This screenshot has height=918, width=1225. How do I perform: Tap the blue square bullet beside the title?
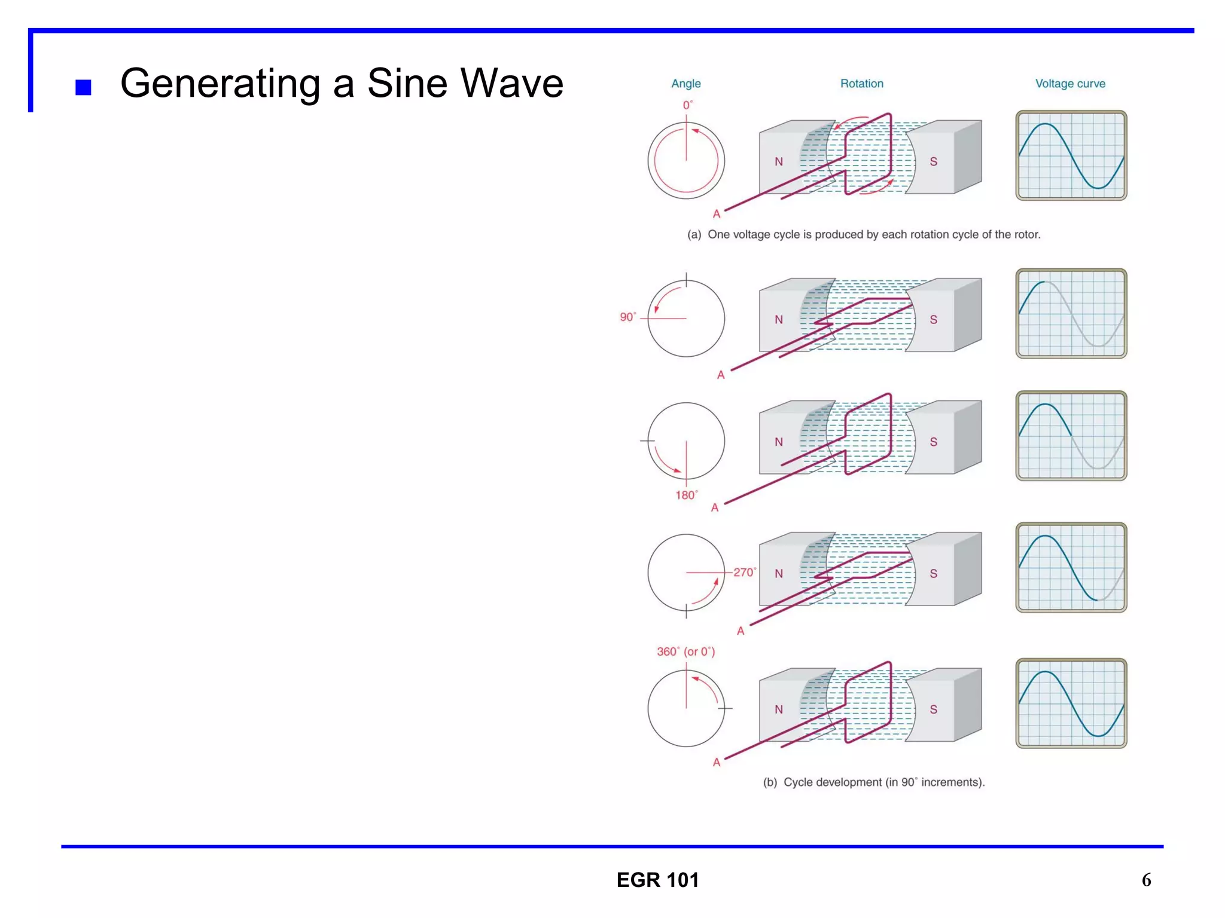coord(83,88)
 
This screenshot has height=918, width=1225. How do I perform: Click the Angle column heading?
coord(685,84)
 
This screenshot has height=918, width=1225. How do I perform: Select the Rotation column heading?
coord(861,84)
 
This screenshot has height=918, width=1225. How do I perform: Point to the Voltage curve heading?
coord(1070,84)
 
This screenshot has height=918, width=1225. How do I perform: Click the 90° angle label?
coord(627,317)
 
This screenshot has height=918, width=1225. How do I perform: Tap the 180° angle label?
coord(686,495)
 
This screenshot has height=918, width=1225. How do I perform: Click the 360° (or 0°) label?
coord(685,651)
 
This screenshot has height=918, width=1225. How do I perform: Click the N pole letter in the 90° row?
coord(778,320)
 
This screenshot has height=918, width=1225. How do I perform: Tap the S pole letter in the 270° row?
coord(933,574)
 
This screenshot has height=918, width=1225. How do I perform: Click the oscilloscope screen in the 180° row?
coord(1071,436)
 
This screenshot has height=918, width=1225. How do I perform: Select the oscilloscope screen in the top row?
coord(1071,155)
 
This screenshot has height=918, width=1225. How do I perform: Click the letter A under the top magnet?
coord(716,214)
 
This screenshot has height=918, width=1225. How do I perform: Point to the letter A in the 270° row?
coord(741,631)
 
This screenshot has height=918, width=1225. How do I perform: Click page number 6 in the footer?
coord(1146,880)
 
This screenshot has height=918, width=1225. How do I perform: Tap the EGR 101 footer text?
coord(657,880)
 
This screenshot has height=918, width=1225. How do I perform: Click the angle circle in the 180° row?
coord(686,441)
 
